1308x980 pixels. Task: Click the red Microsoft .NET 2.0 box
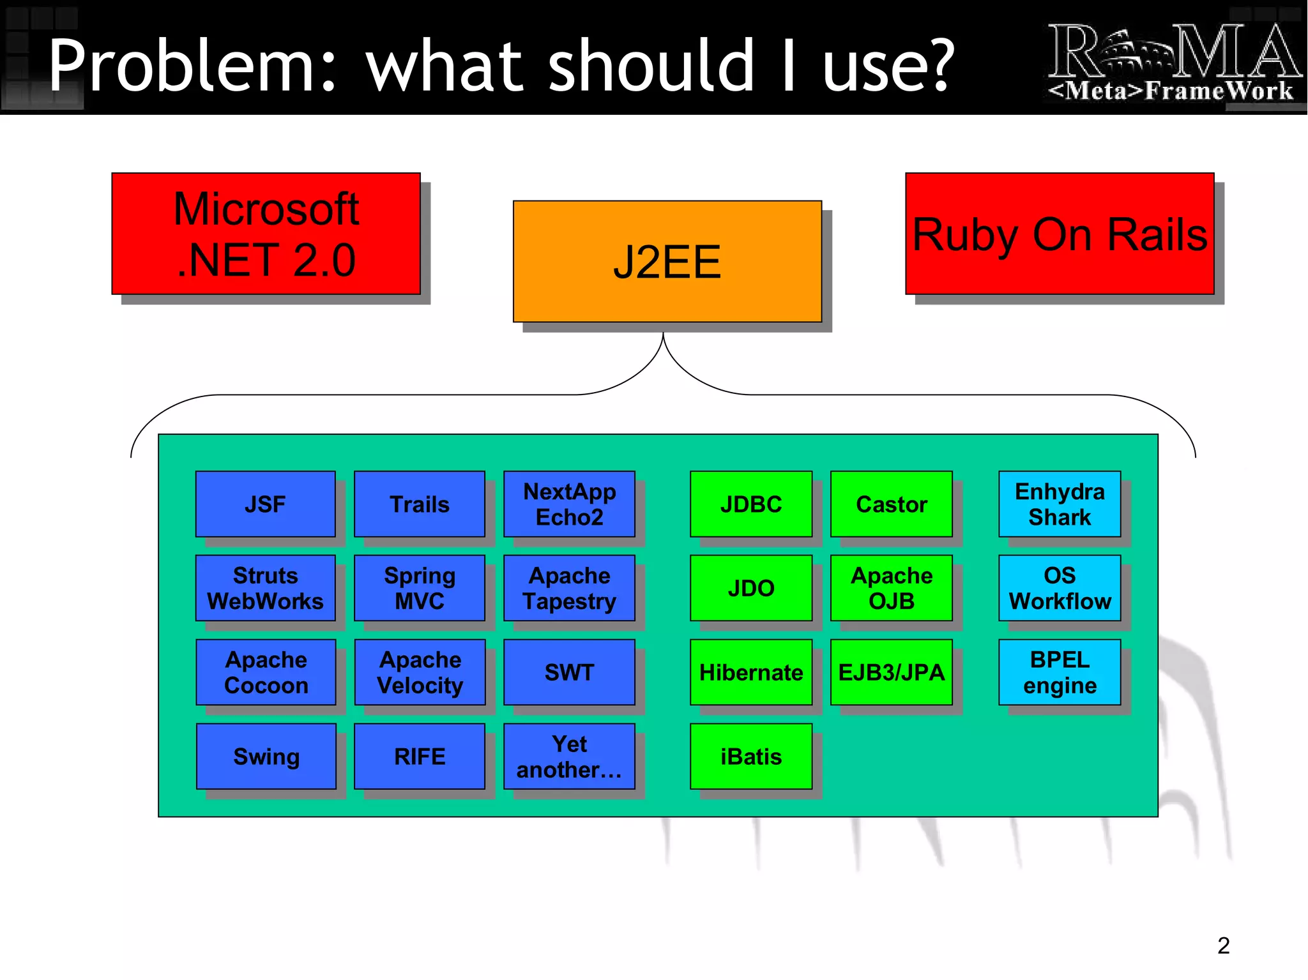266,234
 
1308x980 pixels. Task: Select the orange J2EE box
667,262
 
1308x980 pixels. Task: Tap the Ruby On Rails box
1059,234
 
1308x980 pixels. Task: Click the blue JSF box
265,504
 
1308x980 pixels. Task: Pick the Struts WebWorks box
265,588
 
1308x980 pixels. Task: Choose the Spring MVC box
420,588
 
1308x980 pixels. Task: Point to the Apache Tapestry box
569,588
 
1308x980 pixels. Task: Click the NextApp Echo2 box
569,504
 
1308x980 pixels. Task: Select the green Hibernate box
751,672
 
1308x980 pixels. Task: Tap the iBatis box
751,757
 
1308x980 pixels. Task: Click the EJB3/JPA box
891,672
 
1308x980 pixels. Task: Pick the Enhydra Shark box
1060,504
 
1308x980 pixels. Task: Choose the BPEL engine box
1060,672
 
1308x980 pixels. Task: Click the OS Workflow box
1060,588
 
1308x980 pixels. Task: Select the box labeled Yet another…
569,757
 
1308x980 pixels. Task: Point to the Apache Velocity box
420,672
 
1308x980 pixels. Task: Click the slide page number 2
1223,946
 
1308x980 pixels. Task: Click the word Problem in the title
192,65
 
